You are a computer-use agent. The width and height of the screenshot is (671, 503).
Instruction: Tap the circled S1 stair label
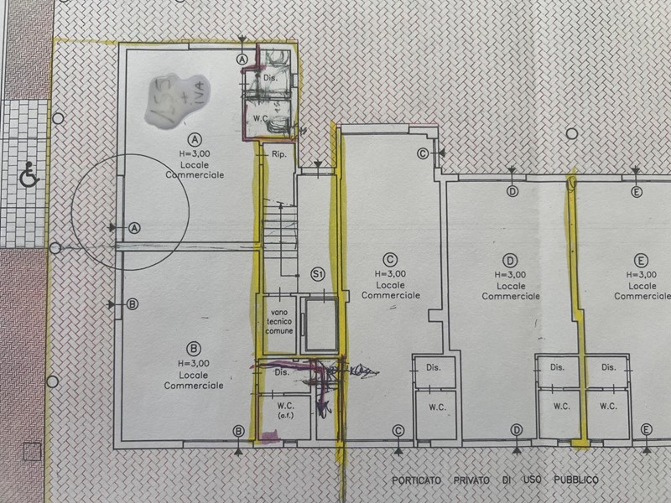click(x=318, y=274)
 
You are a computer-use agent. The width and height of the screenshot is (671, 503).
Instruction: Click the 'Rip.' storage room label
click(x=279, y=156)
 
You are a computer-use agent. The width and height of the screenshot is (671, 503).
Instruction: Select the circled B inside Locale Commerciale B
click(x=193, y=347)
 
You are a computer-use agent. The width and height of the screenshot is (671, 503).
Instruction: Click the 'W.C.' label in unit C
click(x=436, y=408)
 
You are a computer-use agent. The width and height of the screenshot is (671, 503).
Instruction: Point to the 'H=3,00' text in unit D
click(x=511, y=273)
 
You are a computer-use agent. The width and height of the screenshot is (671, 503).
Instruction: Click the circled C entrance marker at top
click(x=423, y=153)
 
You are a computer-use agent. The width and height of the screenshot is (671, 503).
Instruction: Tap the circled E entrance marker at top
click(x=636, y=192)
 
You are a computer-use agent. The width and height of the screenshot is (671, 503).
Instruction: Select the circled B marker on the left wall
click(x=132, y=304)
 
